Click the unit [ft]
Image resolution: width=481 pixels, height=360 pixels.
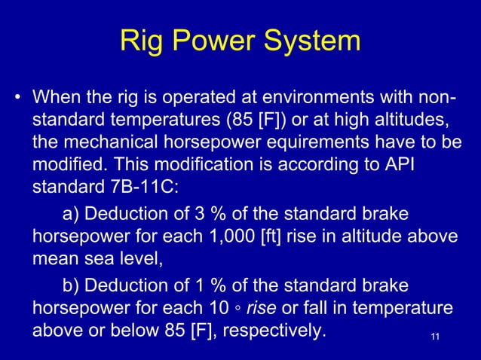(x=269, y=237)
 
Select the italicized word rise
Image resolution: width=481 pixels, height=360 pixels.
(x=262, y=307)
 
